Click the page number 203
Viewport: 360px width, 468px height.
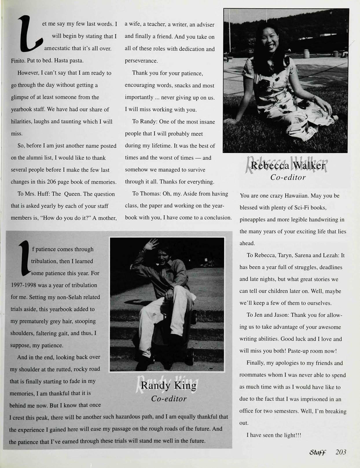pos(341,452)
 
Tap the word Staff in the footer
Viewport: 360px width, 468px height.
pos(318,453)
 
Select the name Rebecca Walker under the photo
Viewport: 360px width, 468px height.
pos(288,166)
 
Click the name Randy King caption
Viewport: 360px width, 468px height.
pos(168,386)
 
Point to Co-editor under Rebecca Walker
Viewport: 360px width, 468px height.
pos(288,177)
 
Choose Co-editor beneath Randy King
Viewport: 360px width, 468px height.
pos(169,399)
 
